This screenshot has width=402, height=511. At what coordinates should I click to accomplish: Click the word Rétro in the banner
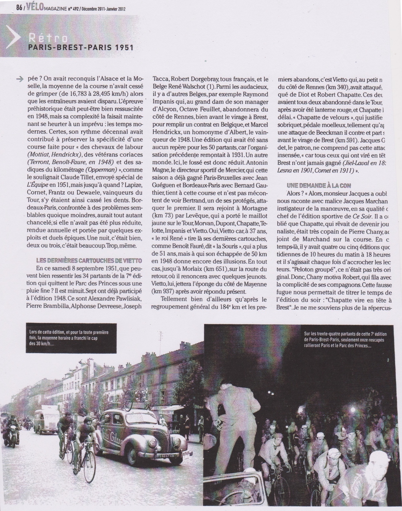tap(48, 39)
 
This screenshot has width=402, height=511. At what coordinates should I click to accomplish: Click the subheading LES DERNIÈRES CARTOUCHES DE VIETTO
tap(89, 260)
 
